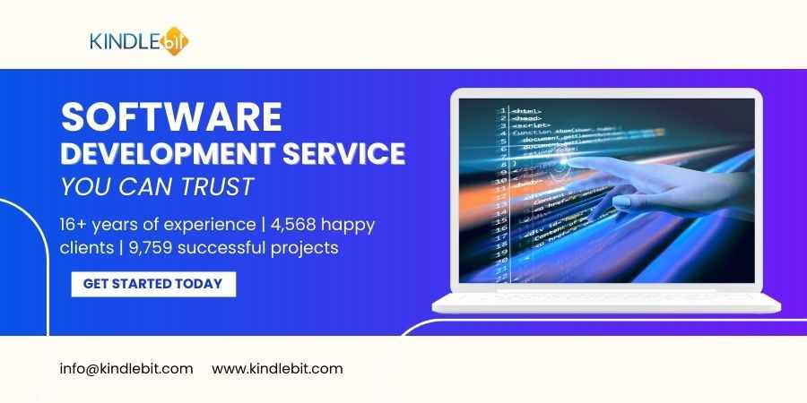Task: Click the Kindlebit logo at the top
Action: tap(139, 41)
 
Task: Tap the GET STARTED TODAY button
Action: tap(152, 284)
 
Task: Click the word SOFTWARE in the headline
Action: tap(171, 116)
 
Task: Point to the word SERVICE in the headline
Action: tap(346, 153)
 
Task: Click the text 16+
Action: tap(75, 224)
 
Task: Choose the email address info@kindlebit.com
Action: tap(126, 368)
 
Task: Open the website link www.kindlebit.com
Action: tap(277, 368)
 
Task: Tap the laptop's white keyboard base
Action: tap(606, 302)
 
